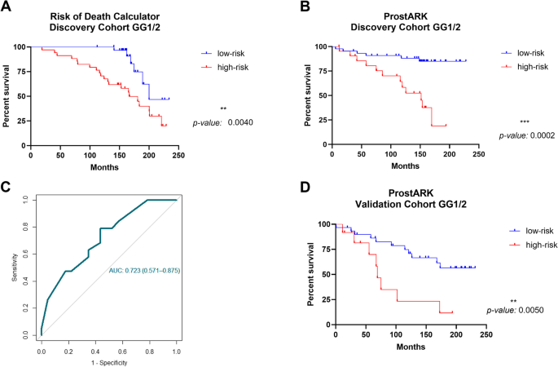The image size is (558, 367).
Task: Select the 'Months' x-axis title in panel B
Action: [399, 166]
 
